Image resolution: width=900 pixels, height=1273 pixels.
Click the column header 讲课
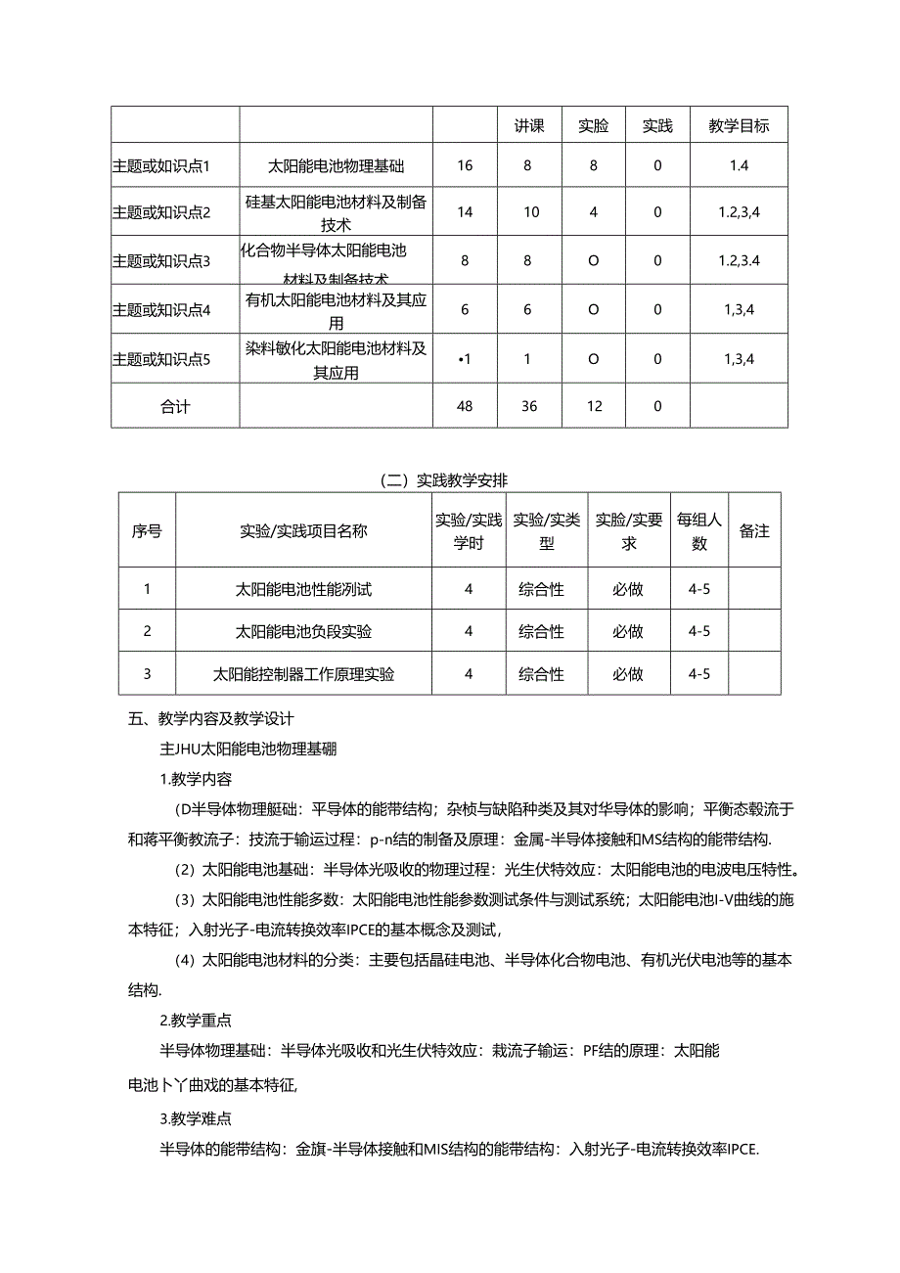tap(529, 125)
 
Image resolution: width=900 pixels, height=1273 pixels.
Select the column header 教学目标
tap(739, 125)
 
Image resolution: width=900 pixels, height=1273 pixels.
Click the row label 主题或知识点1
tap(162, 165)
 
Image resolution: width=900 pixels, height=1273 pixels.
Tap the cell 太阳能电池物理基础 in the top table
tap(336, 165)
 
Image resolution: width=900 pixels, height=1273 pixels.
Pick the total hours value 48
tap(465, 406)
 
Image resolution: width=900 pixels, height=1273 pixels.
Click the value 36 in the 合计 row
tap(529, 406)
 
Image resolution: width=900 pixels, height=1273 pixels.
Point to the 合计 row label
tap(175, 406)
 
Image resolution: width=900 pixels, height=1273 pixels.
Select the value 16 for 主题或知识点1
tap(465, 165)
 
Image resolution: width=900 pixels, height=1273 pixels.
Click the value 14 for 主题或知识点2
tap(465, 211)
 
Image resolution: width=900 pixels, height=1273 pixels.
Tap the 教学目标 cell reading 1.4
tap(739, 165)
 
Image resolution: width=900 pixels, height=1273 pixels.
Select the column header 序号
tap(147, 531)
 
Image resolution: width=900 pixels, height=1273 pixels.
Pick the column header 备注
tap(754, 531)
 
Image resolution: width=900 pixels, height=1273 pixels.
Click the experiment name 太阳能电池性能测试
tap(303, 589)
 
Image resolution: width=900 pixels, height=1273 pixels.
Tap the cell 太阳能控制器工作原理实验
tap(303, 674)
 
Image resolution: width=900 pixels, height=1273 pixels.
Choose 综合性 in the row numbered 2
tap(541, 631)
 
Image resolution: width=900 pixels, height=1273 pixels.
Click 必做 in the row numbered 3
tap(628, 674)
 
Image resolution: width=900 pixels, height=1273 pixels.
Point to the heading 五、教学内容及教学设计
tap(211, 718)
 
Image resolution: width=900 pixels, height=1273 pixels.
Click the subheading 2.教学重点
tap(196, 1021)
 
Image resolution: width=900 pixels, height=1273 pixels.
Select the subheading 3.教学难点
tap(196, 1118)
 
